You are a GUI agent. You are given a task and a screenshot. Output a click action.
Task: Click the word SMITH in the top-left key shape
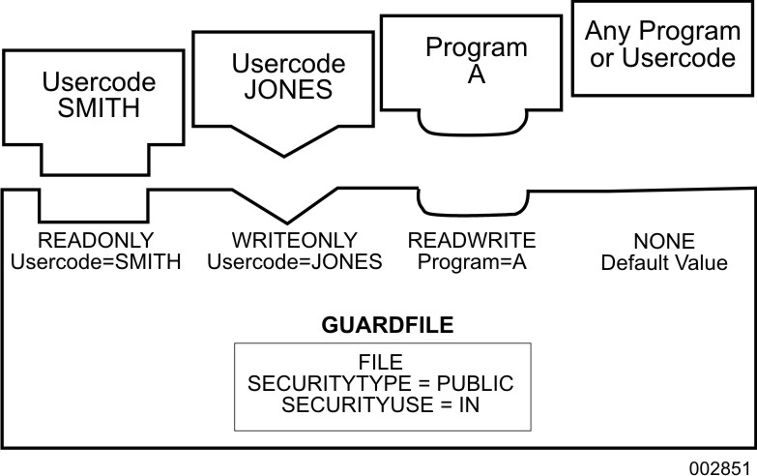click(94, 108)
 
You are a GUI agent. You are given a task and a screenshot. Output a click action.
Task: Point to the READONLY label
click(95, 240)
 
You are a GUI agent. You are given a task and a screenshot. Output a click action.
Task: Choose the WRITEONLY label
click(295, 240)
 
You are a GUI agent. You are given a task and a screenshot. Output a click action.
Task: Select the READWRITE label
click(472, 240)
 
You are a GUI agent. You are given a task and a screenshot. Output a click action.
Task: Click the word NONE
click(663, 242)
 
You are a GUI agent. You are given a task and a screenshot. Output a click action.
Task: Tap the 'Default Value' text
click(663, 263)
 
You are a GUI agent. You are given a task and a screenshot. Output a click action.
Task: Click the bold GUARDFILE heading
click(380, 324)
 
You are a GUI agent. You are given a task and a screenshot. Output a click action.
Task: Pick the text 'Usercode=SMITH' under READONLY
click(95, 261)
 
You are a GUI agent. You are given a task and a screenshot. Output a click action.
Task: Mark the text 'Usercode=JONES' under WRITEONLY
click(295, 261)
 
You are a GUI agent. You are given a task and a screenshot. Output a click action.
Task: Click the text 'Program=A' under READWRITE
click(472, 261)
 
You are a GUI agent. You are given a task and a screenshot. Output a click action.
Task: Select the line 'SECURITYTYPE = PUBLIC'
click(381, 384)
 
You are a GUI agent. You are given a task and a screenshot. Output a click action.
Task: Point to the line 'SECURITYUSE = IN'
click(381, 405)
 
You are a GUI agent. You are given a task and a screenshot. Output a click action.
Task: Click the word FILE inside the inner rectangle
click(381, 363)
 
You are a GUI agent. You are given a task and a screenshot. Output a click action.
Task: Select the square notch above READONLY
click(94, 205)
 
